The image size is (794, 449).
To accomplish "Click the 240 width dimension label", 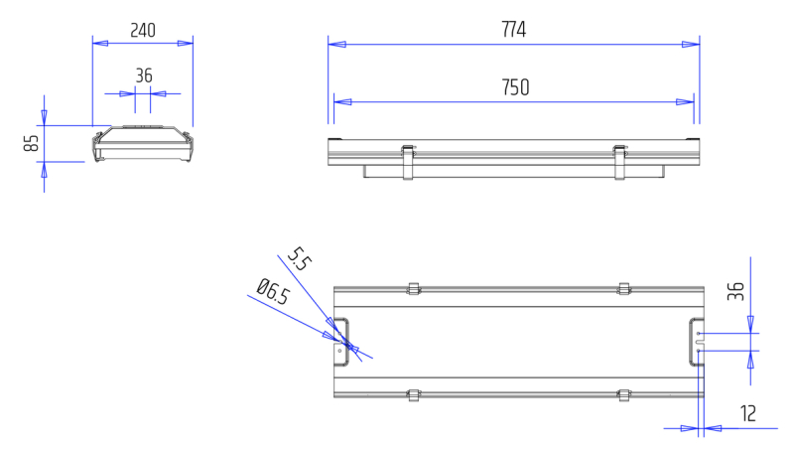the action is coord(143,31).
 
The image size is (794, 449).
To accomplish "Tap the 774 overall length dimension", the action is coord(513,30).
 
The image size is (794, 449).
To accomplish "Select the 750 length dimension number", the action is coord(515,87).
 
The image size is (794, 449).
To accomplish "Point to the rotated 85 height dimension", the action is coord(32,143).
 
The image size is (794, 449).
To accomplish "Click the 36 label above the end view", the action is coord(144,75).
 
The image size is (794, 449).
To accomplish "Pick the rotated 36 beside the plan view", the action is coord(735,291).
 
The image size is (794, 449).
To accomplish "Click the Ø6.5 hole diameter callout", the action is coord(272,291).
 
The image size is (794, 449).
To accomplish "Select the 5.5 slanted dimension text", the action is coord(299,259).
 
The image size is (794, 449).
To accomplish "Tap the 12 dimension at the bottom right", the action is coord(748,413).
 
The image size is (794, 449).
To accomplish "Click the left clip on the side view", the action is coord(408,162).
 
